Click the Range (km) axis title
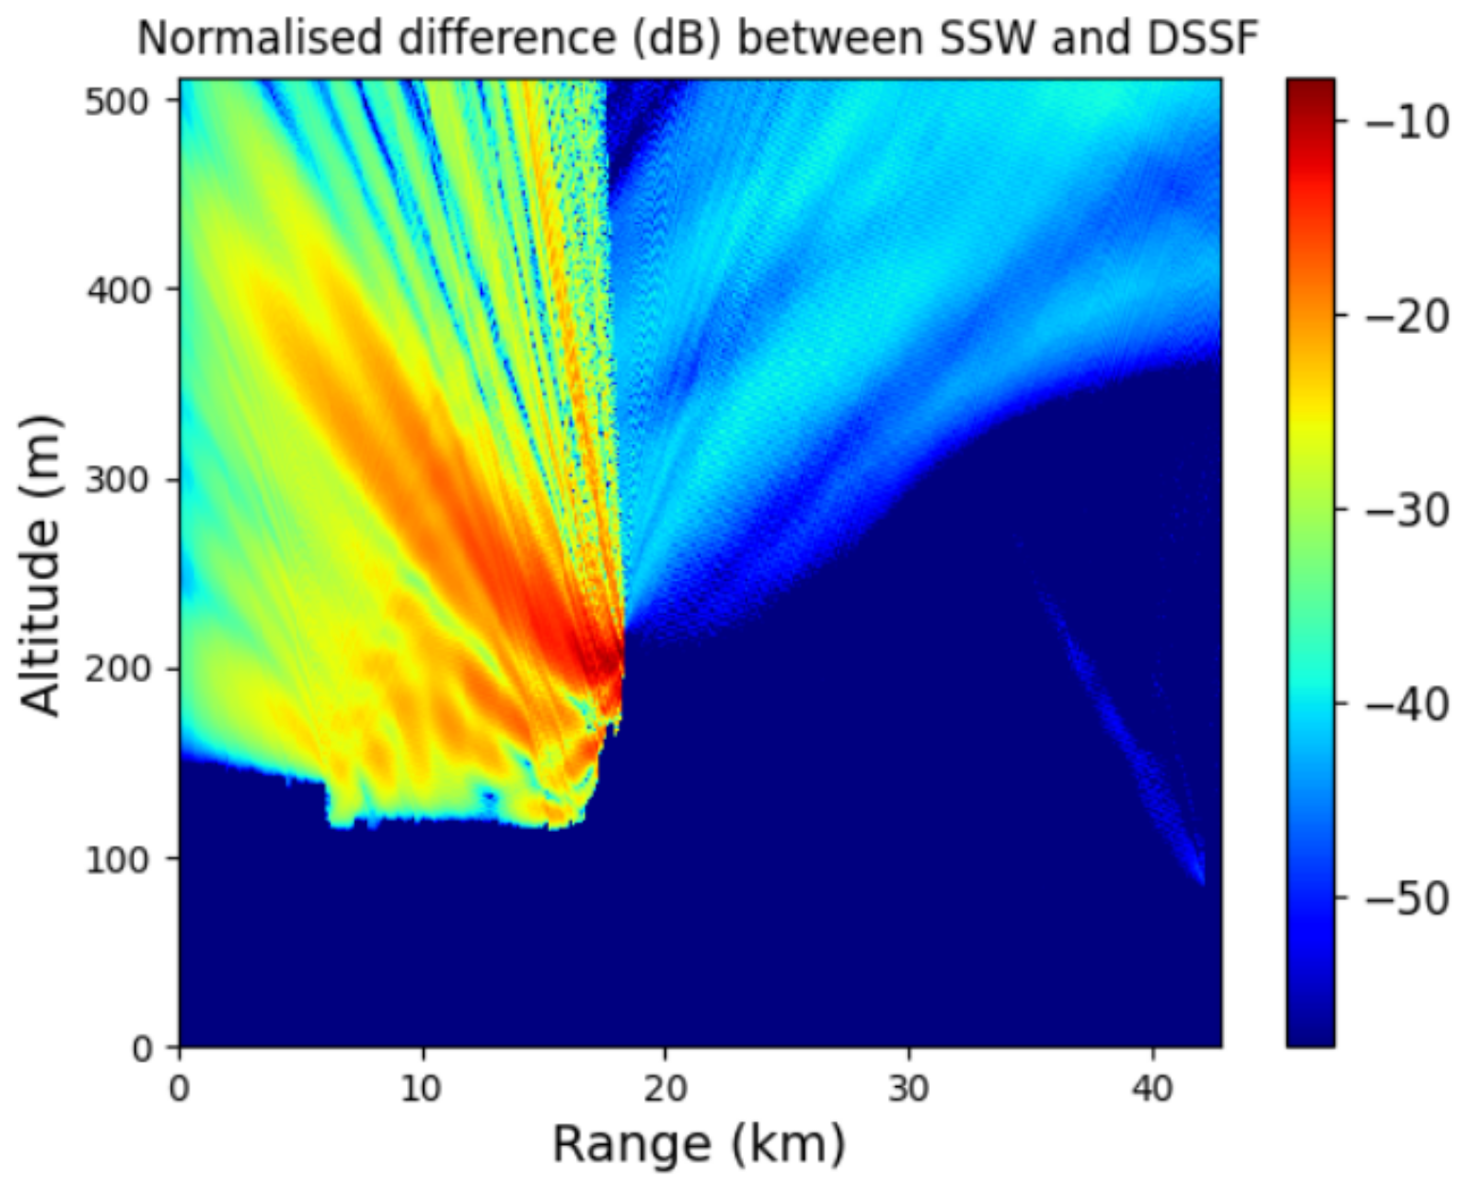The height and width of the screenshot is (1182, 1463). (698, 1143)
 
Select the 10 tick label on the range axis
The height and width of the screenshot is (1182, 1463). (422, 1090)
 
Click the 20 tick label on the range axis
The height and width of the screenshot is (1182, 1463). (665, 1090)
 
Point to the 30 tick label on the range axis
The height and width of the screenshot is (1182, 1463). (909, 1090)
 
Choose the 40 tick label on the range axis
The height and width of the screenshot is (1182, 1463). (1152, 1090)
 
